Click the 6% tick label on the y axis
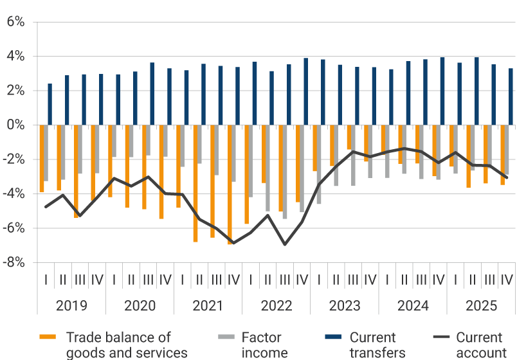click(15, 22)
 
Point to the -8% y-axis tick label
click(14, 262)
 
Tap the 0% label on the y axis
click(15, 125)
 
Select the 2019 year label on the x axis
click(71, 306)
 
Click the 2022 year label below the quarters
click(276, 306)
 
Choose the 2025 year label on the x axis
click(480, 306)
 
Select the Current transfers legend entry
click(373, 344)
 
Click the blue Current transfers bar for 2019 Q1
click(50, 104)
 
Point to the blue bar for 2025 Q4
click(511, 96)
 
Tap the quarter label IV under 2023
click(370, 280)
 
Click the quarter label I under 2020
click(114, 280)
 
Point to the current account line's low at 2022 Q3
click(285, 244)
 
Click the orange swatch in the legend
click(48, 337)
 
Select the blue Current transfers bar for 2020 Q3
click(152, 94)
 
